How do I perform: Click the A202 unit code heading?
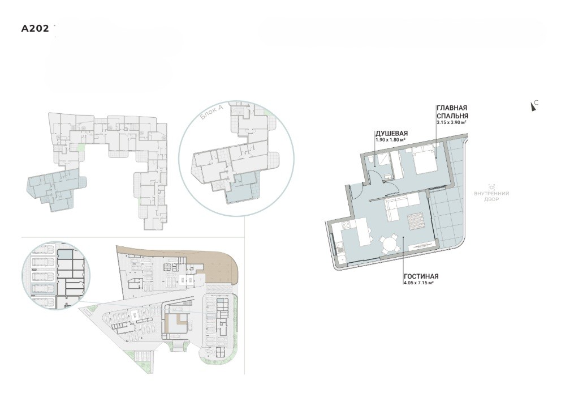(x=35, y=29)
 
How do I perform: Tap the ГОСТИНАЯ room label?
(x=421, y=276)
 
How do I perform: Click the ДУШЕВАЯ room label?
(x=391, y=134)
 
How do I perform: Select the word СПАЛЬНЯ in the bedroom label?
(x=452, y=116)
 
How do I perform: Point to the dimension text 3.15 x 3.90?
(x=451, y=122)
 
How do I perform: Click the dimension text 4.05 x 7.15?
(x=418, y=283)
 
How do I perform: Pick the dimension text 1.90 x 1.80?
(x=390, y=140)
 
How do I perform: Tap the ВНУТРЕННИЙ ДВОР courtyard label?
(x=491, y=196)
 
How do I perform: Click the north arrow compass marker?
(x=533, y=106)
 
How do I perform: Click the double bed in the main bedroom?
(x=425, y=160)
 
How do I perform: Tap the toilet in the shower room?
(x=372, y=161)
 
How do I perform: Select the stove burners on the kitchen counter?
(x=346, y=225)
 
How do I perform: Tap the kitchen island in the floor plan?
(x=364, y=232)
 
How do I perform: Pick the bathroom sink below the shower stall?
(x=388, y=176)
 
